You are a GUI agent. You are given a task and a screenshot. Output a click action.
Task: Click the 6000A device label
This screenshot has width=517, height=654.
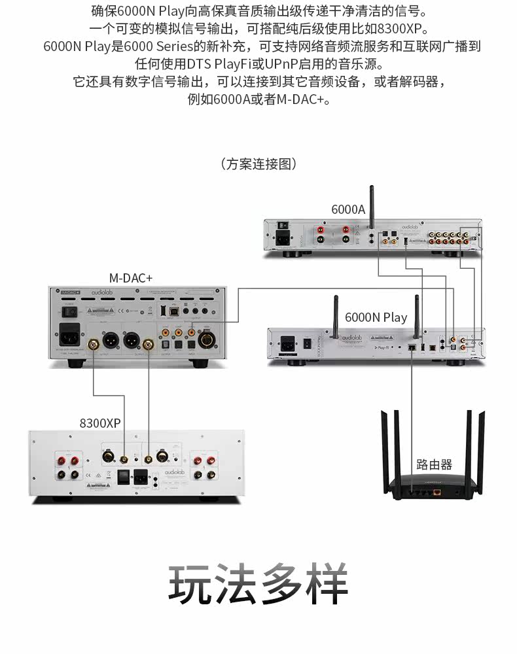coord(348,209)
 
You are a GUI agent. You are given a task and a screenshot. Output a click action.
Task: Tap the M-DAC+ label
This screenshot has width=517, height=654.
coord(131,279)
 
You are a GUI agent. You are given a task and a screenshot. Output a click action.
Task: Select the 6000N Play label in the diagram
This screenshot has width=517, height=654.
coord(376,318)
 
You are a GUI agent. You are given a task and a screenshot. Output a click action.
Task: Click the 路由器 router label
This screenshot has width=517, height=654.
coord(435,465)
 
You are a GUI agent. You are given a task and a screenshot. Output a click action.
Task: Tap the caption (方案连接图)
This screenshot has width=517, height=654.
coord(258,164)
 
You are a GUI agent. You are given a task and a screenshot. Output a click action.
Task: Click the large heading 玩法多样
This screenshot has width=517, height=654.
coord(258,584)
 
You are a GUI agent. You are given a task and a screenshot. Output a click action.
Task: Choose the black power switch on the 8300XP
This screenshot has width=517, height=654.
coord(123,477)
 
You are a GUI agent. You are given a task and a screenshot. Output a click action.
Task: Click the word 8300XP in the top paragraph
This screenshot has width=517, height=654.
coord(403,29)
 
